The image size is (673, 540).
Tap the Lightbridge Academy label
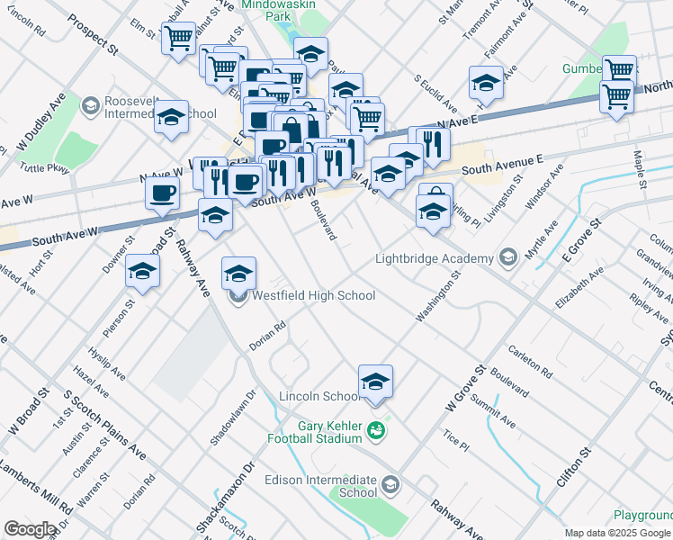(434, 259)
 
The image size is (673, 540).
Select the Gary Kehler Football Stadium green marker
(377, 431)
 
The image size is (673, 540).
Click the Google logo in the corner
(31, 529)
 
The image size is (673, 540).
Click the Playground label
(642, 516)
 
